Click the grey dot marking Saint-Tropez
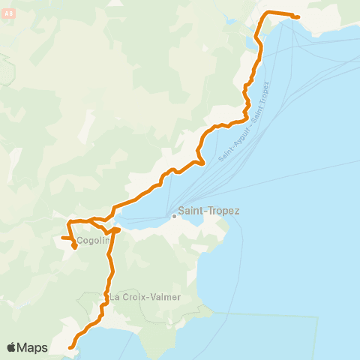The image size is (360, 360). click(x=174, y=217)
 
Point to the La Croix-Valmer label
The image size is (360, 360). click(x=146, y=297)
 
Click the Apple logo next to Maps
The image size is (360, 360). click(x=11, y=347)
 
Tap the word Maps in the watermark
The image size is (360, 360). click(x=32, y=347)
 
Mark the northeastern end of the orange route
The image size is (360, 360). click(x=298, y=16)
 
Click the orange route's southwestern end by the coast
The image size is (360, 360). click(x=70, y=347)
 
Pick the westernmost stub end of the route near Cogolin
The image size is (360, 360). click(x=62, y=238)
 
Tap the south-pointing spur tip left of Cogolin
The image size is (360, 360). click(x=75, y=247)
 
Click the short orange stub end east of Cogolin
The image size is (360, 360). click(x=118, y=229)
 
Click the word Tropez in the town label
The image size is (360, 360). click(x=223, y=211)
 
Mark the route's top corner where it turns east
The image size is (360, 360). click(x=265, y=13)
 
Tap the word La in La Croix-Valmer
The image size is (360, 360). click(x=115, y=297)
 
